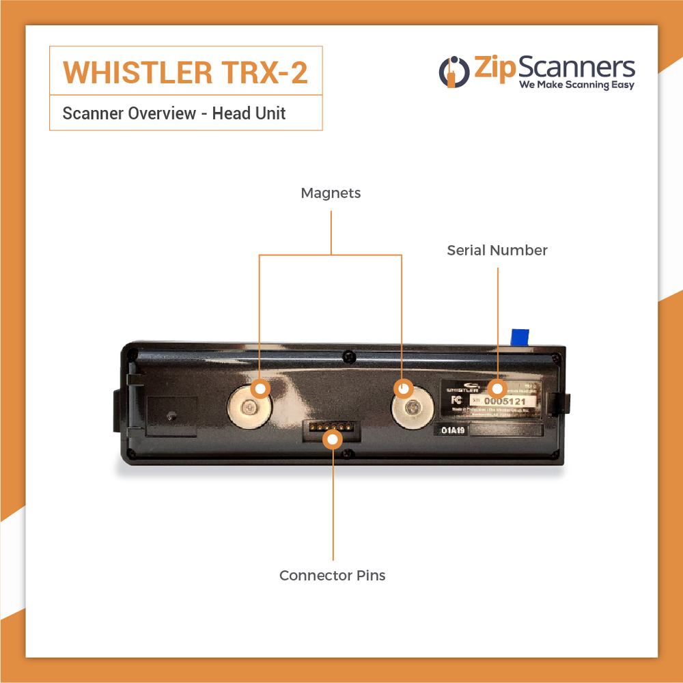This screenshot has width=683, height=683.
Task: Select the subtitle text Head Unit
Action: pyautogui.click(x=249, y=113)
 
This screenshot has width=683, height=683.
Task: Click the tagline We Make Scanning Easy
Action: pyautogui.click(x=576, y=85)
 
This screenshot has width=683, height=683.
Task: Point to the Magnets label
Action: pyautogui.click(x=331, y=193)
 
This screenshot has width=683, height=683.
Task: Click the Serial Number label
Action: pyautogui.click(x=497, y=251)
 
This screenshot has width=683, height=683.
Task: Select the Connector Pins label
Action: pyautogui.click(x=333, y=576)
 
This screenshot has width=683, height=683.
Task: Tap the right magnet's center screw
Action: pyautogui.click(x=412, y=408)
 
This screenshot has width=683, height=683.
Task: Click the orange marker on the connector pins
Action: pyautogui.click(x=333, y=439)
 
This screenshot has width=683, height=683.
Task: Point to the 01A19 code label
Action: pyautogui.click(x=452, y=431)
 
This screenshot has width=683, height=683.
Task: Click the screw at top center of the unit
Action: pyautogui.click(x=349, y=355)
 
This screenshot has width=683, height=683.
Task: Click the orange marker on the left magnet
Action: pyautogui.click(x=260, y=389)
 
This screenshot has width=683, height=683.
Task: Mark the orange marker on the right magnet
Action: pyautogui.click(x=403, y=389)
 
